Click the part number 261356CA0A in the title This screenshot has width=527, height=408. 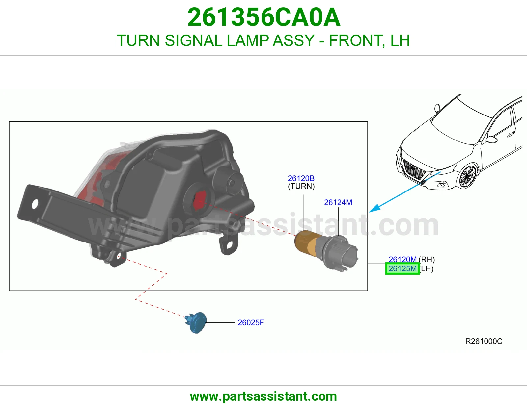click(264, 17)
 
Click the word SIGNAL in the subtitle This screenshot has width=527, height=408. click(194, 40)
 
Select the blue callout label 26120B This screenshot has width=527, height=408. click(301, 178)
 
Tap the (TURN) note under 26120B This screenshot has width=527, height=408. click(301, 186)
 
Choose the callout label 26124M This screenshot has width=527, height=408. click(338, 202)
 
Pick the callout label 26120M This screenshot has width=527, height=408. click(402, 260)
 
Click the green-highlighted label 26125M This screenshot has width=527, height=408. click(402, 268)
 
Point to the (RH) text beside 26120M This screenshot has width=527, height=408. click(427, 260)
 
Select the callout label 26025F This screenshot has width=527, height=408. click(251, 323)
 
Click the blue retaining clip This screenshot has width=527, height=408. click(196, 323)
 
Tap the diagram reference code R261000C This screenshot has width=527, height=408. click(484, 341)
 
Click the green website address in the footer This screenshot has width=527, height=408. click(263, 397)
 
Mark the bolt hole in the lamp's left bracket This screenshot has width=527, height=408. click(35, 204)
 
